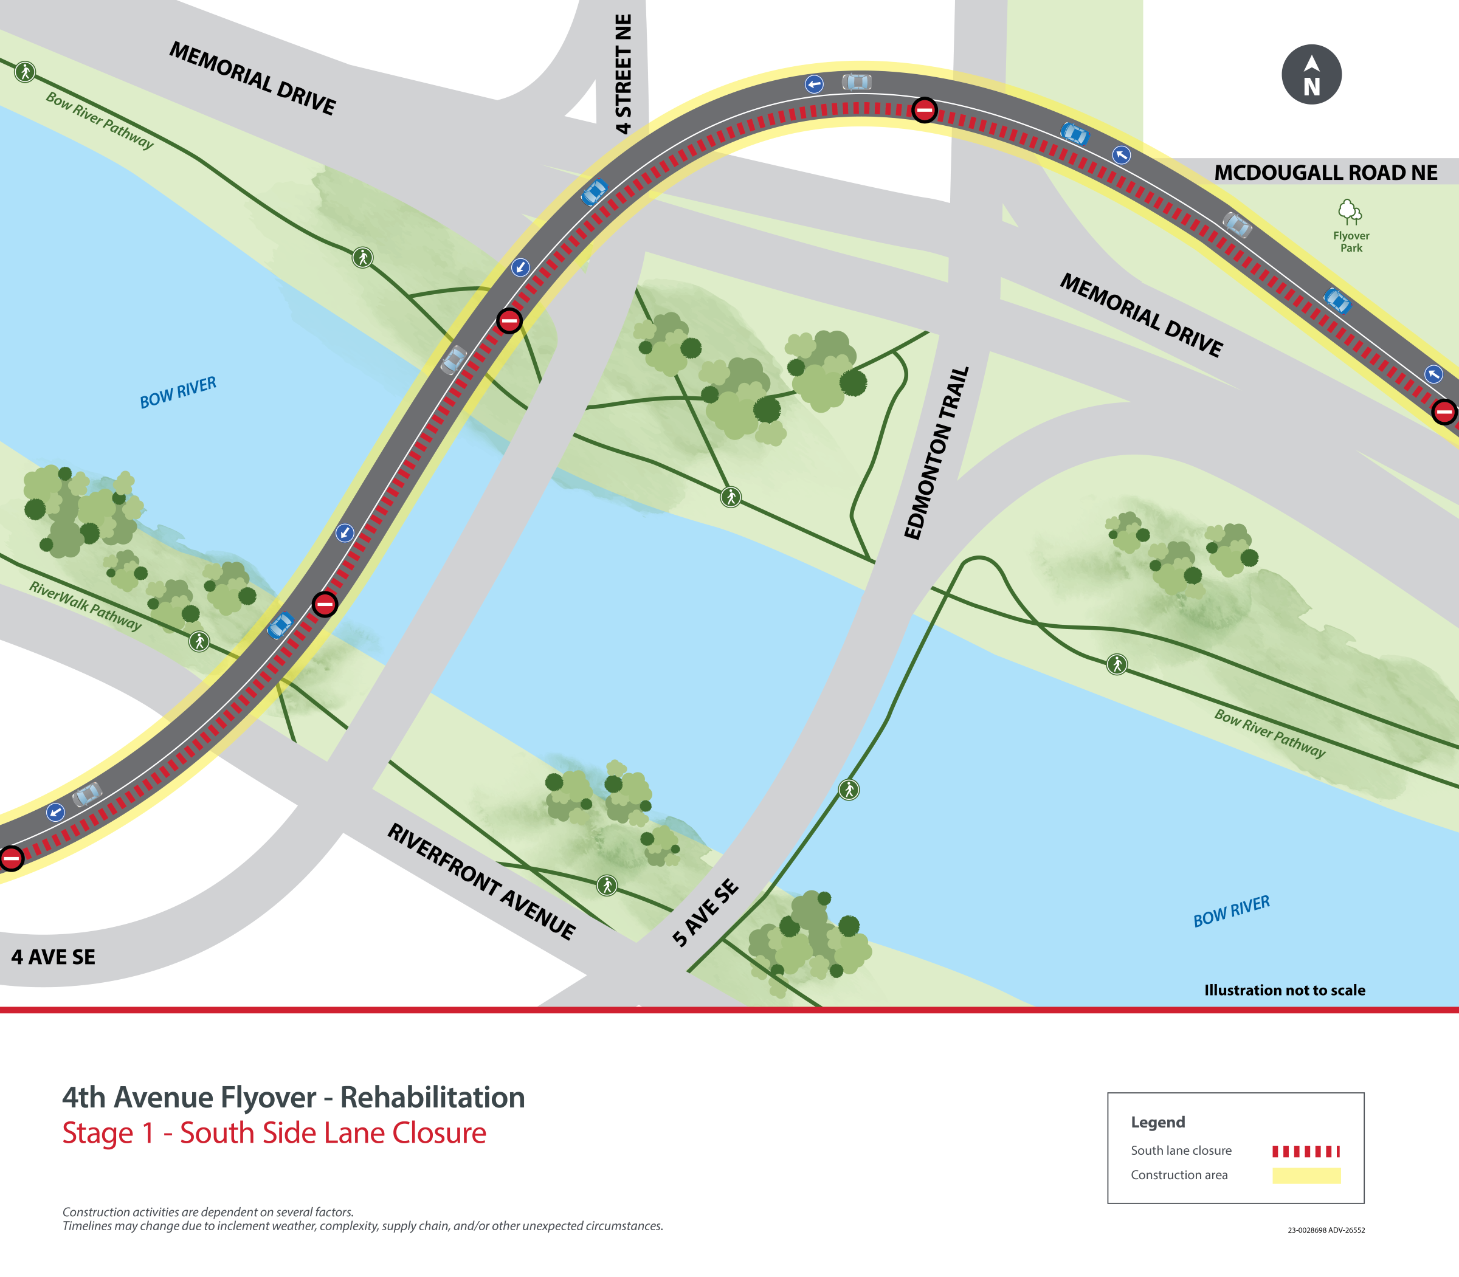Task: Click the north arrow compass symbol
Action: pos(1311,75)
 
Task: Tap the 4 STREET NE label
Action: pos(623,74)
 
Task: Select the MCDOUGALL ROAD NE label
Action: pos(1326,173)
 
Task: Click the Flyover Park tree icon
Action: pos(1349,212)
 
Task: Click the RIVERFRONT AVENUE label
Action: pos(481,881)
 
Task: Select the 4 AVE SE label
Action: pos(53,957)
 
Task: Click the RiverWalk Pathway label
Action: pos(86,606)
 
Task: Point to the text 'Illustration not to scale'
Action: pos(1285,990)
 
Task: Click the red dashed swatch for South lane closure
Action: pos(1306,1151)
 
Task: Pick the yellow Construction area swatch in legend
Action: pos(1306,1175)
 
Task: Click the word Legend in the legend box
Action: pos(1157,1121)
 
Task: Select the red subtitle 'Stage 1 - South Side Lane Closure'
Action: pos(274,1133)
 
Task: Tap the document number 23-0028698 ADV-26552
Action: pos(1326,1230)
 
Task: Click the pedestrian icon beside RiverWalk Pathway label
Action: pos(199,641)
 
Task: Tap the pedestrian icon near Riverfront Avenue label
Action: pos(607,886)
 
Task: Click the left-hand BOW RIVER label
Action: pos(178,393)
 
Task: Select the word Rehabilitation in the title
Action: pos(432,1098)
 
